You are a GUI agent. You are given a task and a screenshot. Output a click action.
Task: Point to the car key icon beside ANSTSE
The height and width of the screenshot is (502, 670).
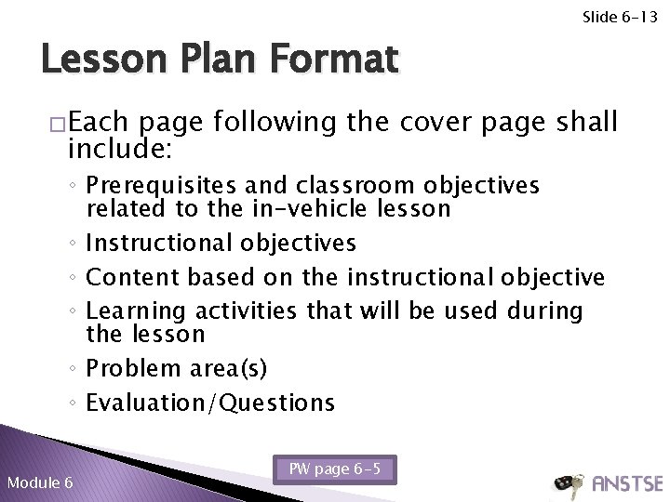click(x=569, y=483)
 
